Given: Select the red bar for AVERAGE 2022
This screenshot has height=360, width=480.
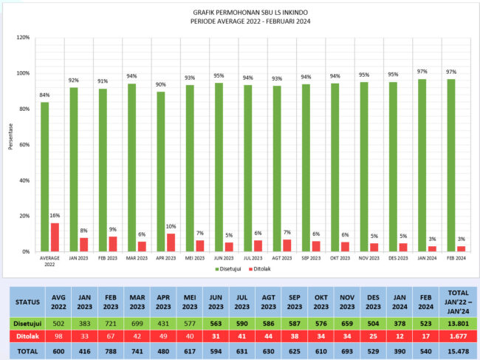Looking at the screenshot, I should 55,237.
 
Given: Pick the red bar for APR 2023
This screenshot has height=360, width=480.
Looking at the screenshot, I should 171,242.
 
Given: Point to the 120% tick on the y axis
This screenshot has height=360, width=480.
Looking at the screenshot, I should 23,38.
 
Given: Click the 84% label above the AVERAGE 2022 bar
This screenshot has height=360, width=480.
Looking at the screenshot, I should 45,95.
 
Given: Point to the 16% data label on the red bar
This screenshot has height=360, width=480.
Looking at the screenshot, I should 55,215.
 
